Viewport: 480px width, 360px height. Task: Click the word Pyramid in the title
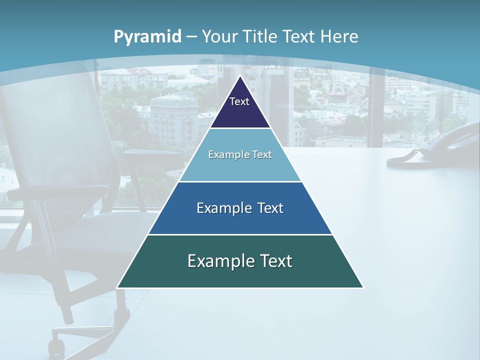pyautogui.click(x=147, y=37)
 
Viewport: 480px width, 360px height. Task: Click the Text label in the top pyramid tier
pyautogui.click(x=239, y=101)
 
